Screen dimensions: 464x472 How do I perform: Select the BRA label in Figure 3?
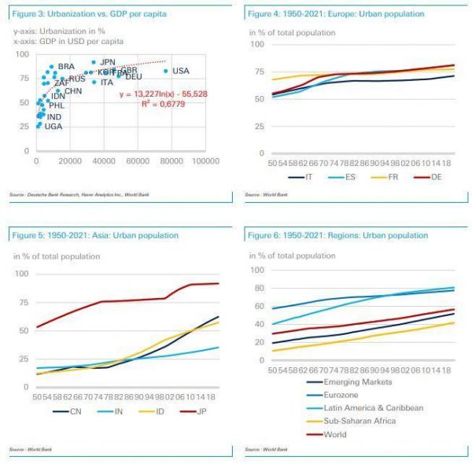coord(66,66)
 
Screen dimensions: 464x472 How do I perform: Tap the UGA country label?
coord(53,126)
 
